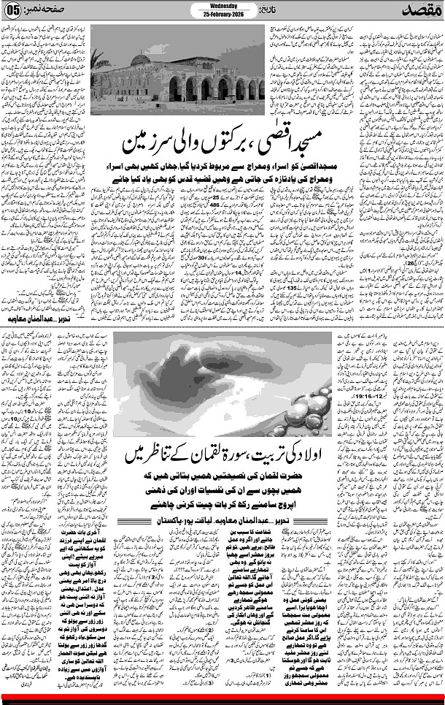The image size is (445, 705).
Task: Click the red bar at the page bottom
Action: click(x=222, y=696)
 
